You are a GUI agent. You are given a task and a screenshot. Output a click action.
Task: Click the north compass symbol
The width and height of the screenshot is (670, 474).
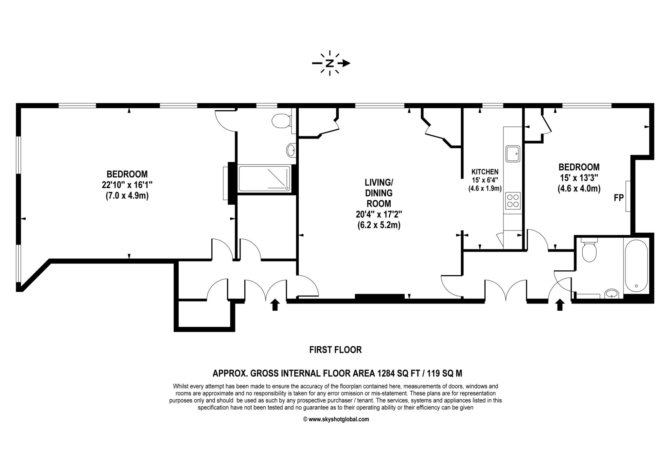click(330, 63)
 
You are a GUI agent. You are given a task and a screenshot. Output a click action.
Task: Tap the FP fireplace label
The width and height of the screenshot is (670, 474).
click(619, 198)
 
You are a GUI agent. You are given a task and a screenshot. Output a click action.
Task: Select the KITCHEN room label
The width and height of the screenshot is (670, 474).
click(485, 172)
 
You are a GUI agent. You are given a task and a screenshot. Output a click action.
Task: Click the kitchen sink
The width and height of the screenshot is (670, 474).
click(513, 154)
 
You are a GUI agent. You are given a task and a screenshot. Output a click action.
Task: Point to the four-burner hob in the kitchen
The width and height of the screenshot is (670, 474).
click(513, 201)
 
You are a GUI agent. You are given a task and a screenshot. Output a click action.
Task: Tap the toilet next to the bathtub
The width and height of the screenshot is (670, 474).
click(589, 250)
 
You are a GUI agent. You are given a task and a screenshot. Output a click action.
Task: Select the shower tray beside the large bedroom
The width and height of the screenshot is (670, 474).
click(264, 179)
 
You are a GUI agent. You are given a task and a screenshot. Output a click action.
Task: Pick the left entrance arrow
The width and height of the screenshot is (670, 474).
click(275, 305)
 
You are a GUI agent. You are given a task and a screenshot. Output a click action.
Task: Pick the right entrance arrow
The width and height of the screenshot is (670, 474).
click(560, 305)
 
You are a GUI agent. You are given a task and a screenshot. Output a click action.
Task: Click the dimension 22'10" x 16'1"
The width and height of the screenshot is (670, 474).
click(127, 185)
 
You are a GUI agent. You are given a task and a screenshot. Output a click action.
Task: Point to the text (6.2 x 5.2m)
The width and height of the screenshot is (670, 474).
click(379, 225)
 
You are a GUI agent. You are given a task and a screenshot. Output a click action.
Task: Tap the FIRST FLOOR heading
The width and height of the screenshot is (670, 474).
click(335, 350)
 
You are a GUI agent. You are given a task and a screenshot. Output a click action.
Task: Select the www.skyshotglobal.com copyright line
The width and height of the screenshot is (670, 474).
click(336, 419)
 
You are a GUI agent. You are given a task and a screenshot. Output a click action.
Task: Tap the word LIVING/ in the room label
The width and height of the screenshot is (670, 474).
click(379, 182)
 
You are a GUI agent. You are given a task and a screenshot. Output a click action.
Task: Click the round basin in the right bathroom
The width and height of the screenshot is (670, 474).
click(611, 293)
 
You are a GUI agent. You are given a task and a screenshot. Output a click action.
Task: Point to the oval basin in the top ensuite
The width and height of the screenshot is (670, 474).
click(291, 150)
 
